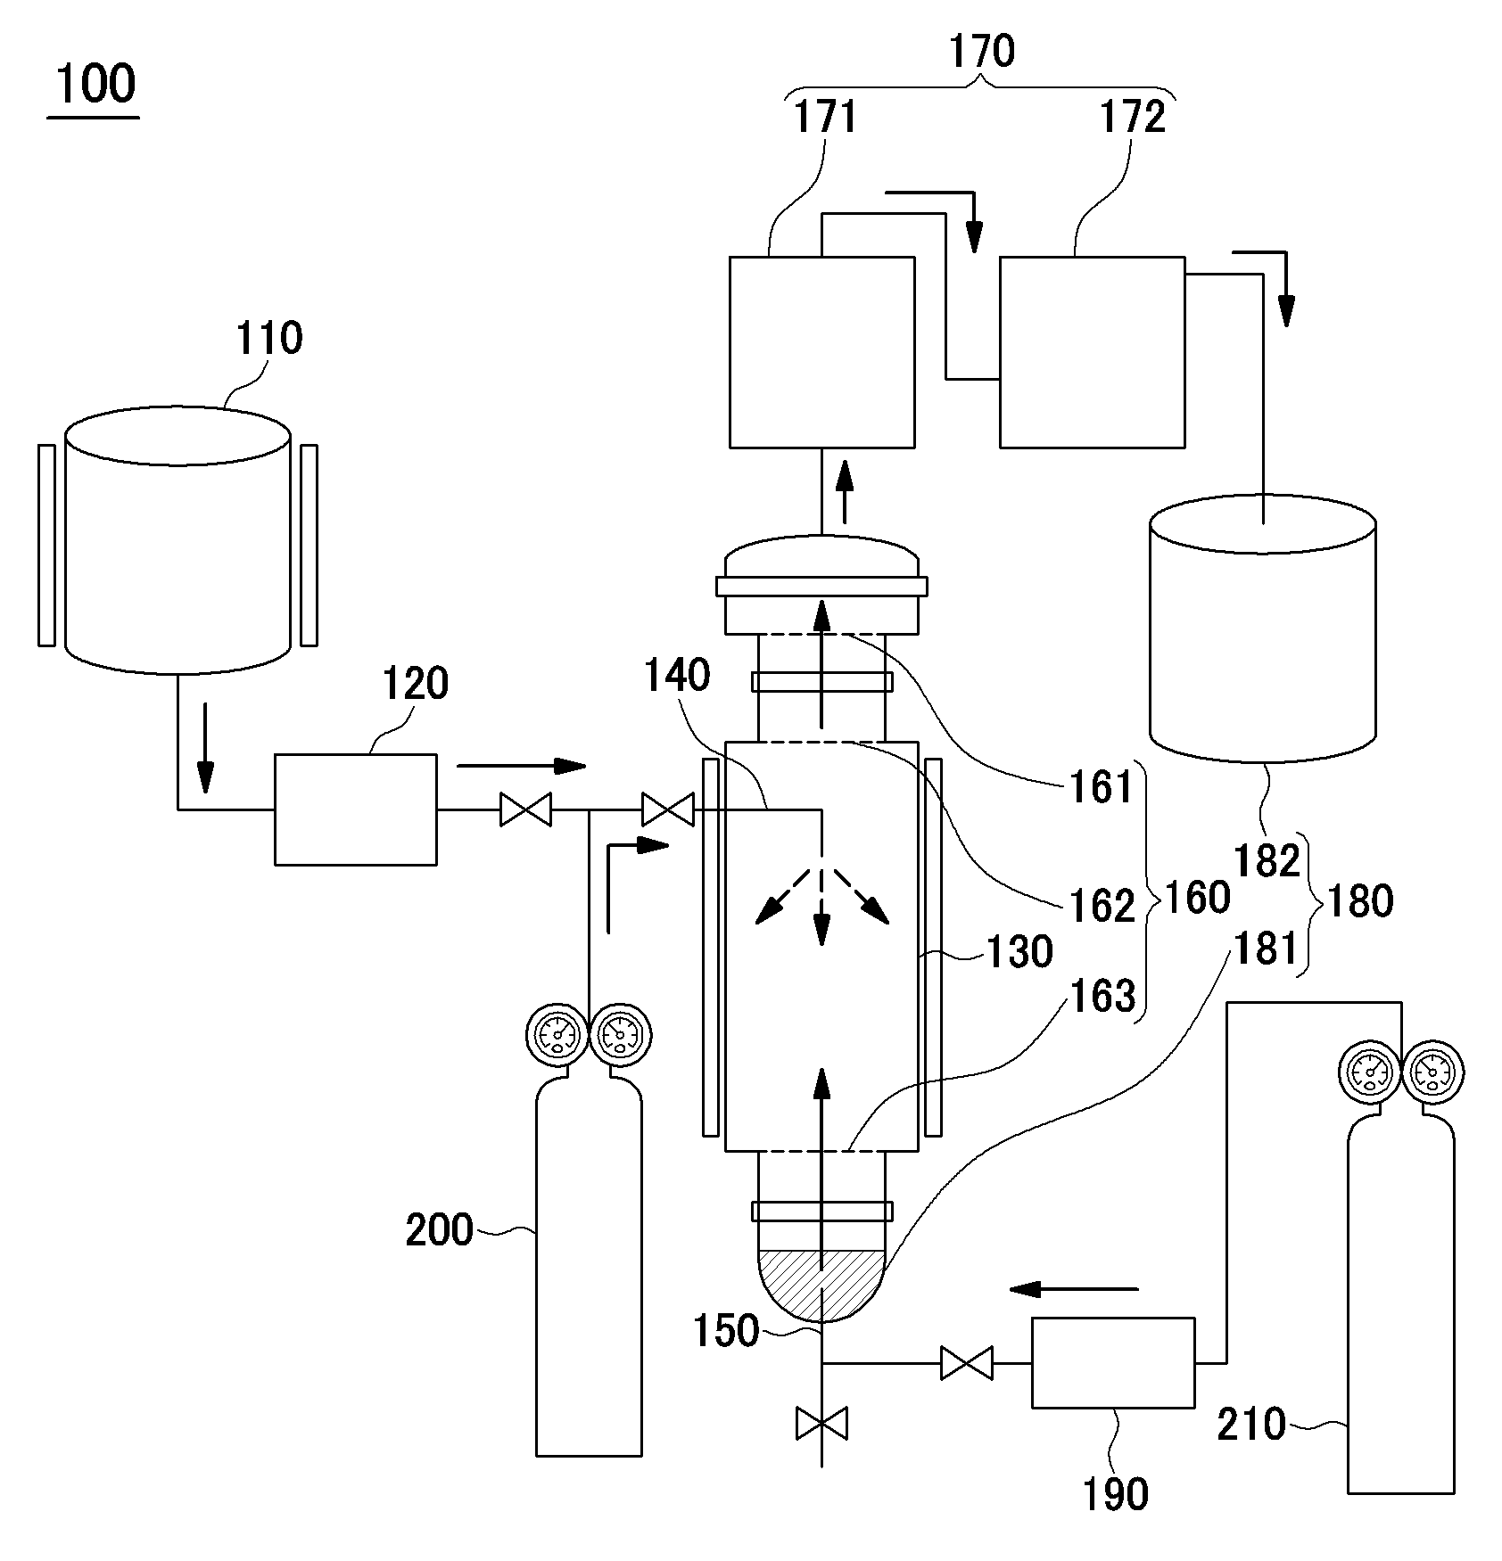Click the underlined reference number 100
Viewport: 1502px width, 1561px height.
pos(95,84)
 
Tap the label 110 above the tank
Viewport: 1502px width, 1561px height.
pos(269,339)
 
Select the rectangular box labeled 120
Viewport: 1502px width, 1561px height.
pos(355,809)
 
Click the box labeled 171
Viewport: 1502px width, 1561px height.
pos(821,352)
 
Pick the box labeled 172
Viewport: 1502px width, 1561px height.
pos(1092,352)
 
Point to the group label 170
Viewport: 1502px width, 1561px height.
pos(981,52)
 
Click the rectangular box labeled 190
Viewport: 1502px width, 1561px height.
pos(1113,1363)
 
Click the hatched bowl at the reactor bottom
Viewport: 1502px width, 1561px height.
pos(821,1282)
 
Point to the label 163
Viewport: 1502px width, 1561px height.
pos(1102,996)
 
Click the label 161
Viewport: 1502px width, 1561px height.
pos(1102,788)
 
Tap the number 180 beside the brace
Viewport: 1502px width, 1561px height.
pos(1360,901)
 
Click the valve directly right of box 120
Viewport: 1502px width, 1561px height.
pos(525,810)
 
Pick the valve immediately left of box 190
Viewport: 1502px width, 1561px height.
pos(967,1363)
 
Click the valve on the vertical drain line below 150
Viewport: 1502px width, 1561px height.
pos(821,1424)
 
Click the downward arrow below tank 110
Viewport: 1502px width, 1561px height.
pos(206,747)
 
